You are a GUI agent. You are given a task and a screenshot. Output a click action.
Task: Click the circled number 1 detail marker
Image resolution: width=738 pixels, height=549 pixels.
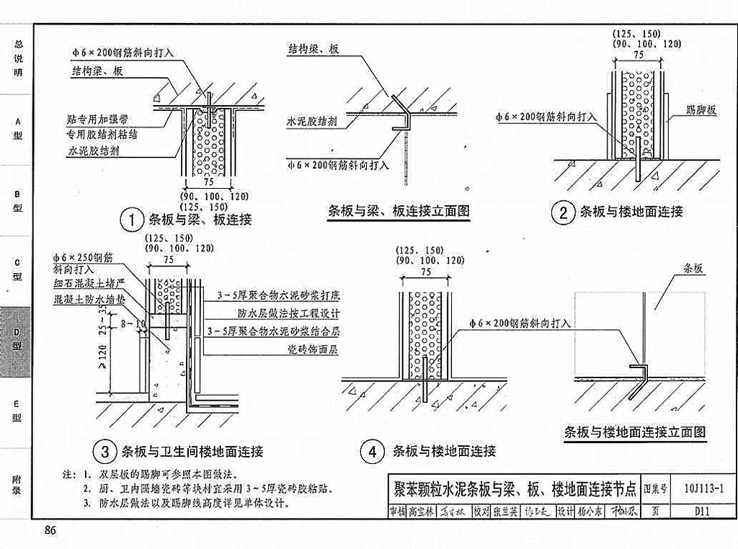(131, 219)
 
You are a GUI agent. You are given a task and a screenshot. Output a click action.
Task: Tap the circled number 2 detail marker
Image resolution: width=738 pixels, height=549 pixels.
(562, 212)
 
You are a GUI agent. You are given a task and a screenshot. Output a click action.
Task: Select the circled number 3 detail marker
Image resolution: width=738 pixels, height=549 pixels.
(105, 452)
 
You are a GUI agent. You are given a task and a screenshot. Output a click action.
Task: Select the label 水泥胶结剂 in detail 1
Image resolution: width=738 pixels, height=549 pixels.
(93, 151)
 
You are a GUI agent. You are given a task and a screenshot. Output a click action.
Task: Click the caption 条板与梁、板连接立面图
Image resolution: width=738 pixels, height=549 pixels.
(399, 211)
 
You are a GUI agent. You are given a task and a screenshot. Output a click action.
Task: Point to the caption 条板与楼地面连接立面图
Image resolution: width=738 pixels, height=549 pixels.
(635, 432)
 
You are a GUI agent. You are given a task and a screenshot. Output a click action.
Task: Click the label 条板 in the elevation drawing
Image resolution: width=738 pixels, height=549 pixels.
(693, 268)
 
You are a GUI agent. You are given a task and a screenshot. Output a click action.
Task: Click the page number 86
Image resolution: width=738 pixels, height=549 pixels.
(50, 531)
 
